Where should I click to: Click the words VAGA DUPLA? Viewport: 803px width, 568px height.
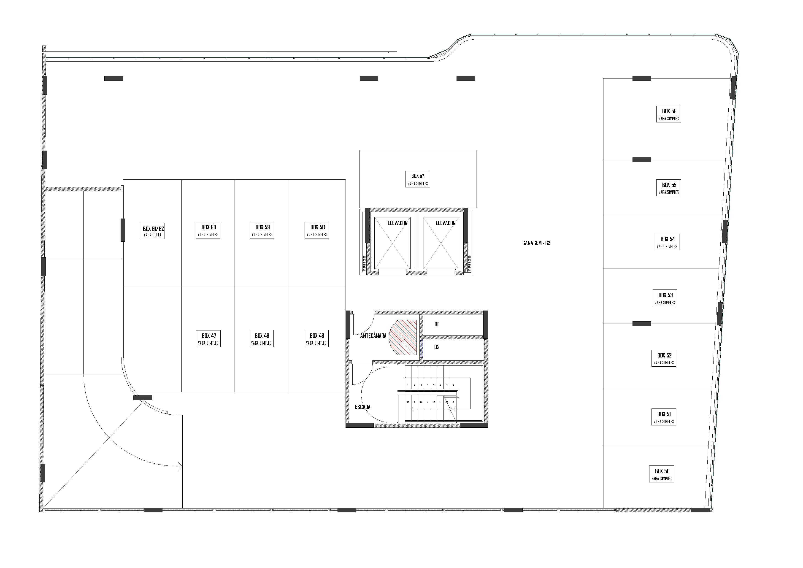point(152,235)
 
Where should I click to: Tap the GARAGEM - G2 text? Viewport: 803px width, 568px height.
point(536,243)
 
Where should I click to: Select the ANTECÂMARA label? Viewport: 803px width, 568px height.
point(373,336)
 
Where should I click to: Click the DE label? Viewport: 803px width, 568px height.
point(437,324)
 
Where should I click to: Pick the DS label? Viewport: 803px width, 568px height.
point(437,347)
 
